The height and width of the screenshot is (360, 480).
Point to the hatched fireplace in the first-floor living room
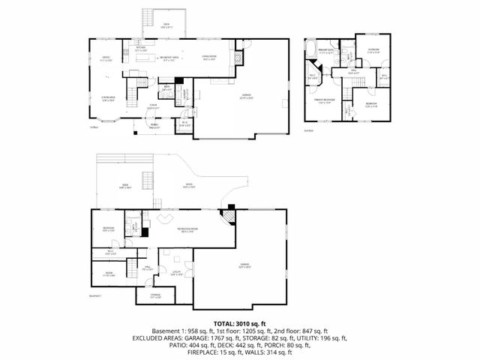tap(240, 57)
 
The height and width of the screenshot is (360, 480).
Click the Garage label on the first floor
tap(244, 96)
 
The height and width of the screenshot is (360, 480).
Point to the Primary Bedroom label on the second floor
tap(325, 102)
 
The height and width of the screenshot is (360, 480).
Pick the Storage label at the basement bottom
tap(154, 296)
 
